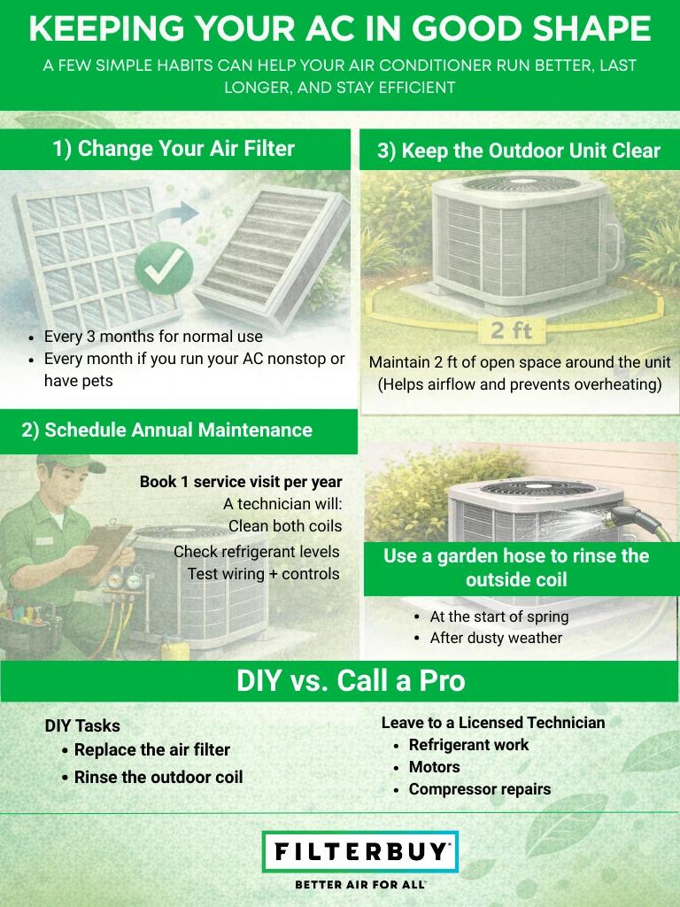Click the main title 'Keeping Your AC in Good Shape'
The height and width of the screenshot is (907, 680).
tap(340, 29)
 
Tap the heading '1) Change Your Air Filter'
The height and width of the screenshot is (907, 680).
tap(174, 149)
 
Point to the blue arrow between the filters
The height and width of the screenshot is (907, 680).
tap(183, 213)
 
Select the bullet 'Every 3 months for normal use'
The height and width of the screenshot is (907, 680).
tap(153, 337)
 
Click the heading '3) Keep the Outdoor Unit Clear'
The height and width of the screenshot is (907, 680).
tap(519, 151)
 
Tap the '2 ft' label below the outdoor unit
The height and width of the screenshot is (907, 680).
tap(511, 330)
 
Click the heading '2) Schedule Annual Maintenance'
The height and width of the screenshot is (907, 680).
tap(166, 430)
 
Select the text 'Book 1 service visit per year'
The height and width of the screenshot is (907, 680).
tap(240, 482)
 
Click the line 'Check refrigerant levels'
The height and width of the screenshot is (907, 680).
tap(257, 552)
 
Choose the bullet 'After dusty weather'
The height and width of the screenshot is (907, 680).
tap(496, 638)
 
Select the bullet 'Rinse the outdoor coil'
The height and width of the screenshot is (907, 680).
tap(158, 777)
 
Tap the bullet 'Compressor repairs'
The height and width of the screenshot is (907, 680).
tap(479, 788)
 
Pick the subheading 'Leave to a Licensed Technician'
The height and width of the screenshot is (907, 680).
tap(493, 723)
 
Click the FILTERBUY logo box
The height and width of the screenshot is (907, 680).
tap(360, 852)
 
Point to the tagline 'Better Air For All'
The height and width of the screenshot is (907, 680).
tap(359, 885)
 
